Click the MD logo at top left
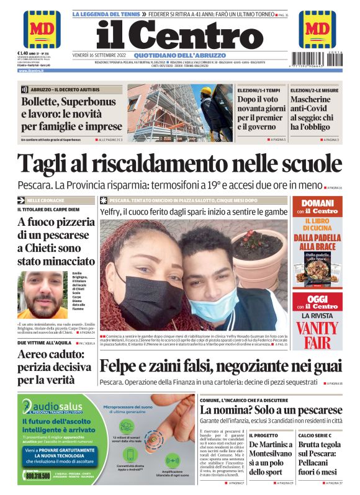(42, 29)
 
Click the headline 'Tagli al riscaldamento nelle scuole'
(179, 163)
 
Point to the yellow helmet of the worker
(205, 91)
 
